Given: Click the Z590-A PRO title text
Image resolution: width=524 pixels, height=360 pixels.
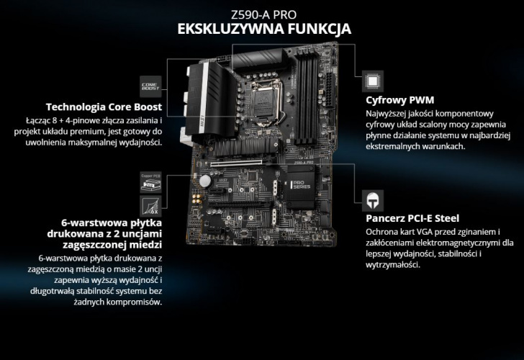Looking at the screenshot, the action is pos(263,14).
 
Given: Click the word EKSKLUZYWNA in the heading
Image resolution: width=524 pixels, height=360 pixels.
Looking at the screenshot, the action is pos(230,29).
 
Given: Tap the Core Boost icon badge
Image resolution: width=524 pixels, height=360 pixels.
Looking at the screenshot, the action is pos(150,86).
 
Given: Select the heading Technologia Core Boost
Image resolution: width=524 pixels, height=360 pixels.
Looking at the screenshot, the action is pos(104,107).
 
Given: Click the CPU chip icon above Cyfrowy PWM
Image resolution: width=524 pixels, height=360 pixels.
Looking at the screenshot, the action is pos(373,81).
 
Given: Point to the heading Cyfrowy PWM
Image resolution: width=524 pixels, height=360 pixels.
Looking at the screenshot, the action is pos(400,100).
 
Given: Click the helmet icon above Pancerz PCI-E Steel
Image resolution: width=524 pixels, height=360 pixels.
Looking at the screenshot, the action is pos(373,201).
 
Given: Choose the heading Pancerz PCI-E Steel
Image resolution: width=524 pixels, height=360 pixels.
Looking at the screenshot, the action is pos(412,218).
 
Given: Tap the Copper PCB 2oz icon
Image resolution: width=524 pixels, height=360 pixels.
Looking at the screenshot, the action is pos(150,182).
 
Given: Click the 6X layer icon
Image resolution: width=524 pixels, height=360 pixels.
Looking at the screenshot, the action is pos(150,207).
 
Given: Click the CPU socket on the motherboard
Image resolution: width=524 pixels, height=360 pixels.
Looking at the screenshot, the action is pos(266,102).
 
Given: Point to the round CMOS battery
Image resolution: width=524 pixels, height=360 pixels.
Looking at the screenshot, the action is pos(205,181).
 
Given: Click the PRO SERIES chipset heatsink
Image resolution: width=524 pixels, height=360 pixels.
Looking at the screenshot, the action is pos(301,186).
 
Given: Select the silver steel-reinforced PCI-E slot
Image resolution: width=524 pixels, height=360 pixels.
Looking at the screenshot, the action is pos(236,163).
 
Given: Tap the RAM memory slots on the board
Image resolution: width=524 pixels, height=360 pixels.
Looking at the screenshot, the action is pos(307,95).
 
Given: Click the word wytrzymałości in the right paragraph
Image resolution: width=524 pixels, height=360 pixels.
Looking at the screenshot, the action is pos(393,265).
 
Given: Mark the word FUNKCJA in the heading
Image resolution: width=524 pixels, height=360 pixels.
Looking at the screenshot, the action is pos(319,29).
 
